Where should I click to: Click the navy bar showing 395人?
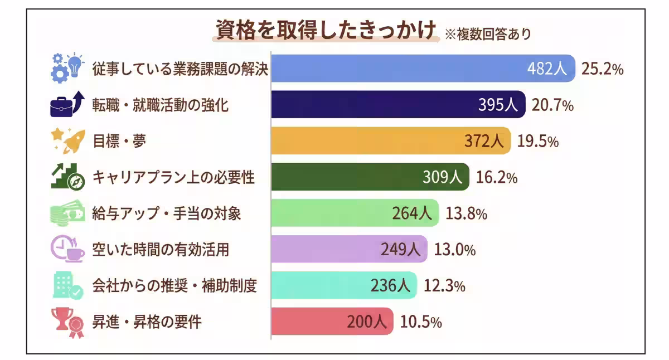(398, 105)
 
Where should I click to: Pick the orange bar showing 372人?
(390, 141)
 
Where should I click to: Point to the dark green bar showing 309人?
(370, 177)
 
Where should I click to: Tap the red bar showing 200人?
(332, 322)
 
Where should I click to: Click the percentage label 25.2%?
(602, 69)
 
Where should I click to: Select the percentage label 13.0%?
(454, 250)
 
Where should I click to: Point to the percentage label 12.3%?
(444, 286)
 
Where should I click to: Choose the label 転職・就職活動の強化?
(160, 105)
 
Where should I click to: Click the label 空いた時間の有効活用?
(160, 250)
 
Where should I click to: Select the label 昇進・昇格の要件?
(147, 322)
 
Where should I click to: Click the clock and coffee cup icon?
(67, 250)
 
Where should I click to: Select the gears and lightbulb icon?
(66, 69)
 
